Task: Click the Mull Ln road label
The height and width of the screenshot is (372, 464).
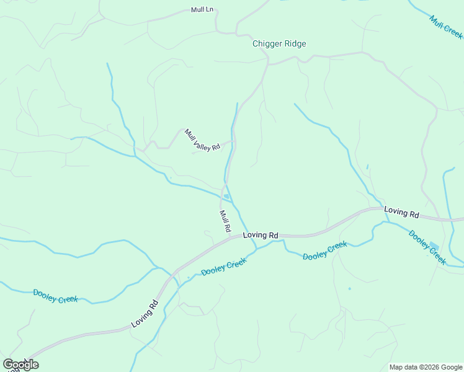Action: pos(202,11)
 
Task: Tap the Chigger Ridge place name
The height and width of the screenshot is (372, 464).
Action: pos(279,43)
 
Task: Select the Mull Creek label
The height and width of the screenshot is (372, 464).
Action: pos(446,27)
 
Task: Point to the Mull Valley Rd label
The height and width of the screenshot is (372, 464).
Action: pos(202,140)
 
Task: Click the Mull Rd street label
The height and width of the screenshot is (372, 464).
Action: pos(225,221)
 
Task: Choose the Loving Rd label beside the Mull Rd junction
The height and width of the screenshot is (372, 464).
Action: pos(261,236)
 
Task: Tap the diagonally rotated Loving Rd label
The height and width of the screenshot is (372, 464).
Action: pos(145,314)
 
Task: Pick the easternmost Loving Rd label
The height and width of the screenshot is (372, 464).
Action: pos(401,212)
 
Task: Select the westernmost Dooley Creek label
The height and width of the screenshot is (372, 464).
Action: pos(55,296)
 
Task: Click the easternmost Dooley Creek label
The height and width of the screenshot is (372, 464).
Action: pos(427,247)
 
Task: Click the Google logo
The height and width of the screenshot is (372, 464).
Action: pos(20,365)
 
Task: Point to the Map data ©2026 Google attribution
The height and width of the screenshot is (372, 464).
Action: pos(425,367)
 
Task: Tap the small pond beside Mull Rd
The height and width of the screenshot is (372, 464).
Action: pos(227,197)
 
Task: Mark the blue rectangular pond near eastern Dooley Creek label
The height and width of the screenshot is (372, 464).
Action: pos(434,246)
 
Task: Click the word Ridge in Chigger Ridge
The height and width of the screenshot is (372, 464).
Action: pos(294,43)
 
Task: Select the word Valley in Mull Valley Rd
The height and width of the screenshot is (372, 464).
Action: pos(203,141)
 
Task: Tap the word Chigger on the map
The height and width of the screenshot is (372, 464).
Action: pos(266,43)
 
